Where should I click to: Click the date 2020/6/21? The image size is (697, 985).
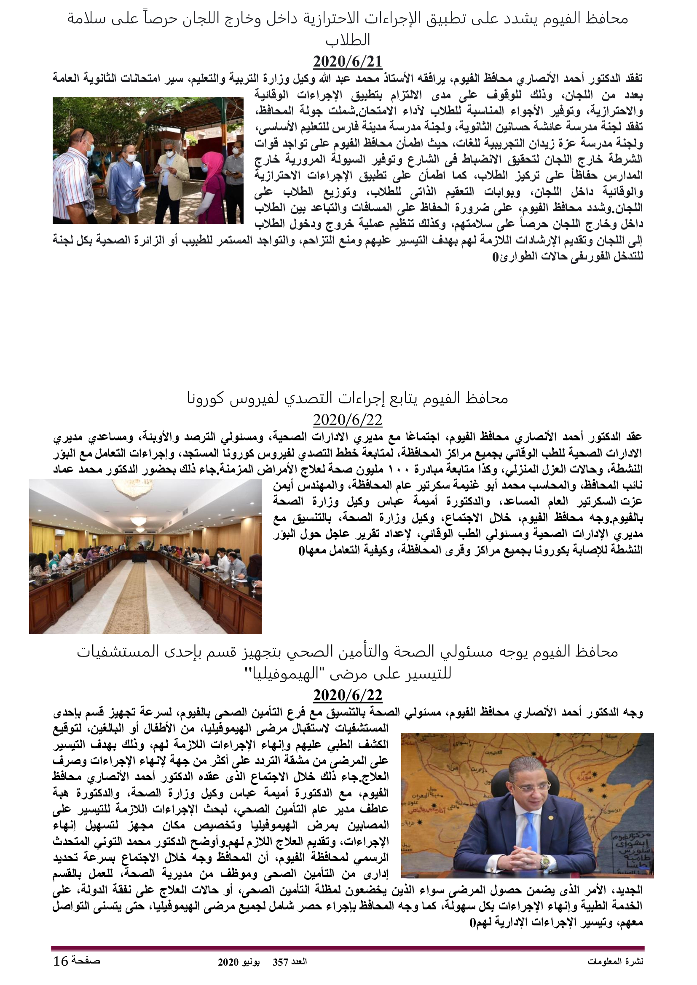(x=347, y=62)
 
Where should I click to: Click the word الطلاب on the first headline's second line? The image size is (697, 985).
(x=348, y=40)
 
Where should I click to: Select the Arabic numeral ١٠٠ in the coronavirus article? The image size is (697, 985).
(x=399, y=469)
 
